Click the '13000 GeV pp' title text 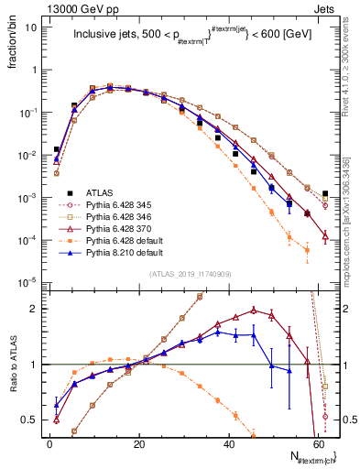(44, 7)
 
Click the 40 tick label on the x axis (227, 442)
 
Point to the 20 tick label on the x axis (138, 442)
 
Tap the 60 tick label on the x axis (317, 442)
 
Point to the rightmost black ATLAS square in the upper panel (326, 194)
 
